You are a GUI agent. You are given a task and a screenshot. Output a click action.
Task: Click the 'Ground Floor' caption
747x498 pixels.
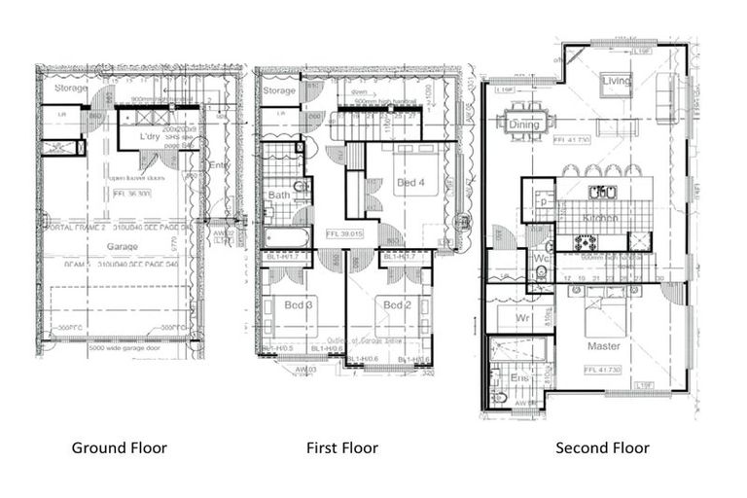coord(119,448)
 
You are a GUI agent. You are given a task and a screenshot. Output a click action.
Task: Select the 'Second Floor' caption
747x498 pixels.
coord(602,448)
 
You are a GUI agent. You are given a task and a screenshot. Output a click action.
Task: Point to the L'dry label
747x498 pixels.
coord(149,137)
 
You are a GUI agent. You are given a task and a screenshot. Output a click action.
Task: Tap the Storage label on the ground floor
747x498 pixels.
coord(71,89)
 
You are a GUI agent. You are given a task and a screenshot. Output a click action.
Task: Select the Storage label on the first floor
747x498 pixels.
coord(279,91)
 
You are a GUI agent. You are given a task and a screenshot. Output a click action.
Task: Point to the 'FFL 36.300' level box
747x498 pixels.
coord(133,194)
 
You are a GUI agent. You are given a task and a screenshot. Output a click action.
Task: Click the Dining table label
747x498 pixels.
coord(524,124)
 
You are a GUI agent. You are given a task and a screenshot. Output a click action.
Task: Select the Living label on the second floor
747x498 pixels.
coord(616,81)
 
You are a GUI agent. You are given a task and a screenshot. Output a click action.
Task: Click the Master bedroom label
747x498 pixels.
coord(603,346)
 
